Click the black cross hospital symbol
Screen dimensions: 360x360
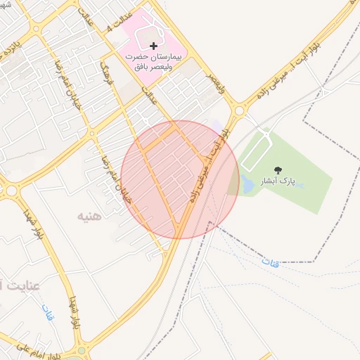pos(154,45)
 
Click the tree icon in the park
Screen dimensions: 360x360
pos(278,170)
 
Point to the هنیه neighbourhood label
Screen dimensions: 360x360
pos(89,216)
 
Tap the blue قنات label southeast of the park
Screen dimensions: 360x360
pos(270,263)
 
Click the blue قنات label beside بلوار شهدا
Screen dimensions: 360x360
pos(47,311)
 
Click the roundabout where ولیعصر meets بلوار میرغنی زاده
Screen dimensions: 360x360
pos(239,110)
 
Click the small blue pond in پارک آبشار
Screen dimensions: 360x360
pos(247,184)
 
